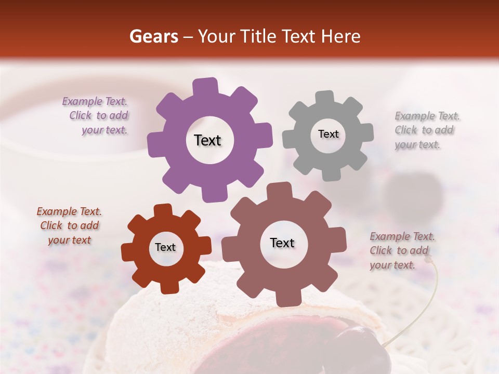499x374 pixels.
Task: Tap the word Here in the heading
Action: [341, 36]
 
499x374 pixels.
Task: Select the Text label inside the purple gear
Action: [207, 140]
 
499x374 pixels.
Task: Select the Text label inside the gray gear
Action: [328, 134]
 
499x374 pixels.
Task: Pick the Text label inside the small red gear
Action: [165, 247]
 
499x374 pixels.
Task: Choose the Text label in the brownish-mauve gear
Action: [282, 243]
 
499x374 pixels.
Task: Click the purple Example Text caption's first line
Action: [95, 101]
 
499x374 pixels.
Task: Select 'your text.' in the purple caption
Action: [104, 130]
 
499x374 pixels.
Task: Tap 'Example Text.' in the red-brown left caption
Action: [69, 211]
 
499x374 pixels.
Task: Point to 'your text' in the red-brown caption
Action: [69, 240]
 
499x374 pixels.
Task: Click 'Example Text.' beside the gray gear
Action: [427, 116]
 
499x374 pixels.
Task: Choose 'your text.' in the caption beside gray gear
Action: [417, 145]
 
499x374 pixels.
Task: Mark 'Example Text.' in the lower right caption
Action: [402, 236]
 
